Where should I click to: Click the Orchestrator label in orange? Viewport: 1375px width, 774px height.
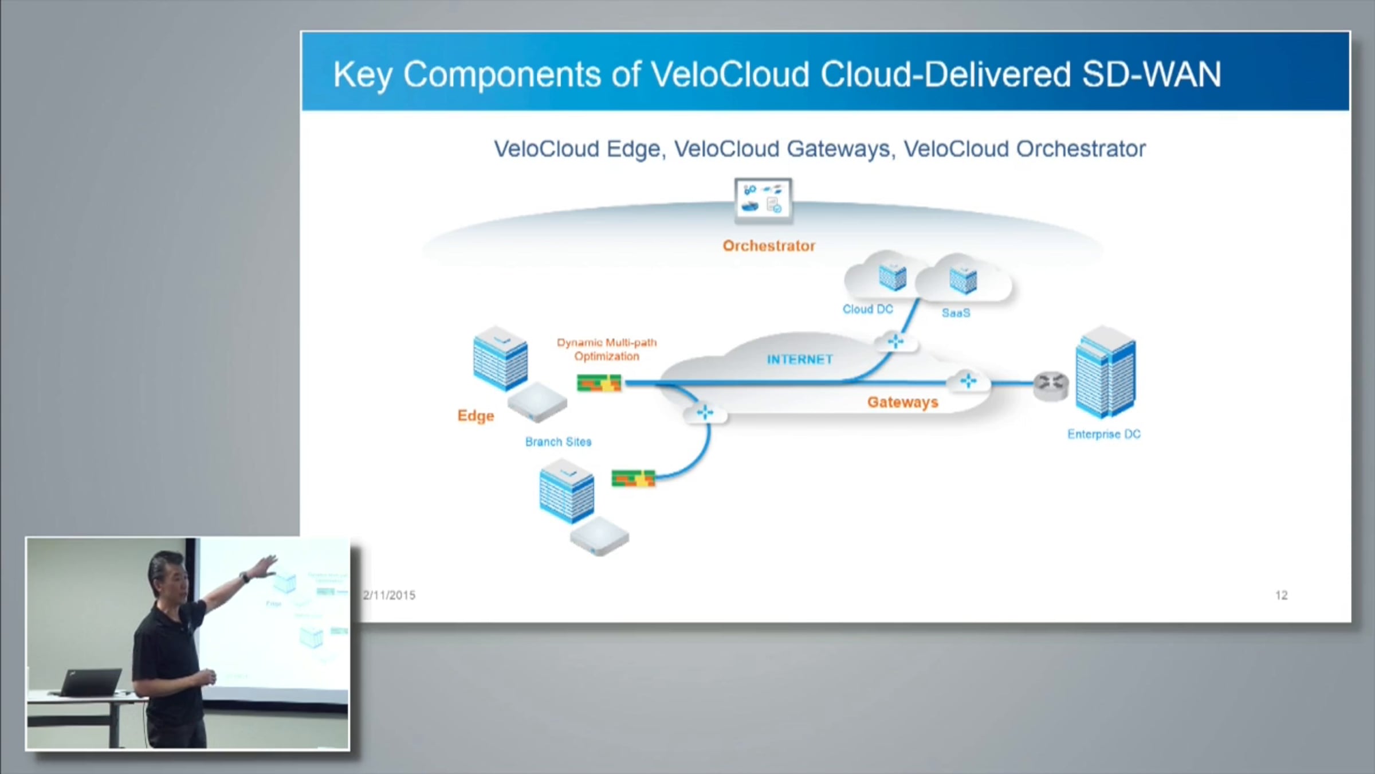768,246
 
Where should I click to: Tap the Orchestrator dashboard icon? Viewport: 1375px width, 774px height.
763,200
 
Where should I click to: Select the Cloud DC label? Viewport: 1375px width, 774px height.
867,309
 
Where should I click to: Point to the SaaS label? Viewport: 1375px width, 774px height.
956,313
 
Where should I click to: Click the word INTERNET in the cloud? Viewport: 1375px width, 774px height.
800,359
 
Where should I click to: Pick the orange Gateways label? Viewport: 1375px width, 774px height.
902,402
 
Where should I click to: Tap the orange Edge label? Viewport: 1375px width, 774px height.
476,416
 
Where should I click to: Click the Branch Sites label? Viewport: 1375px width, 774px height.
558,442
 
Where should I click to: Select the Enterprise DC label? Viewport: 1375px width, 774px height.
1103,434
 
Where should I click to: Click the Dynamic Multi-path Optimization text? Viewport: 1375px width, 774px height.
607,349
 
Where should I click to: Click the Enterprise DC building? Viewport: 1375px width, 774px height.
1105,371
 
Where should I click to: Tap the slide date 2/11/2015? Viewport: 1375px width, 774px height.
389,595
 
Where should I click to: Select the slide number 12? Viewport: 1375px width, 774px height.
1282,595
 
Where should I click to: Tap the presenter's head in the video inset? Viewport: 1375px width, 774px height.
167,576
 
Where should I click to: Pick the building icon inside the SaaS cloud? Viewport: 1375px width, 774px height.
962,279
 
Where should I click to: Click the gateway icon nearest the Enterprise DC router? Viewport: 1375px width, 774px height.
968,381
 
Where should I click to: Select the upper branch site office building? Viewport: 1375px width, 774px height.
500,359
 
